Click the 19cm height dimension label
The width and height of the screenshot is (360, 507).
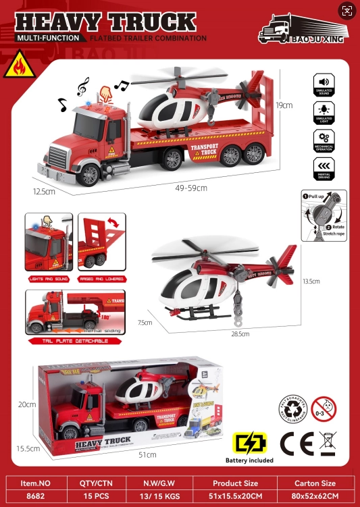[283, 105]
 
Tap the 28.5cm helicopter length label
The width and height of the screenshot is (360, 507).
[240, 333]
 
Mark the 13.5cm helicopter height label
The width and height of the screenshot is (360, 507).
[311, 281]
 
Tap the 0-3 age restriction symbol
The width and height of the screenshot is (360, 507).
[324, 409]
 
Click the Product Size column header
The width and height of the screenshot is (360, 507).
[236, 483]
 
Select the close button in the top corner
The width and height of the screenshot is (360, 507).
[346, 10]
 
